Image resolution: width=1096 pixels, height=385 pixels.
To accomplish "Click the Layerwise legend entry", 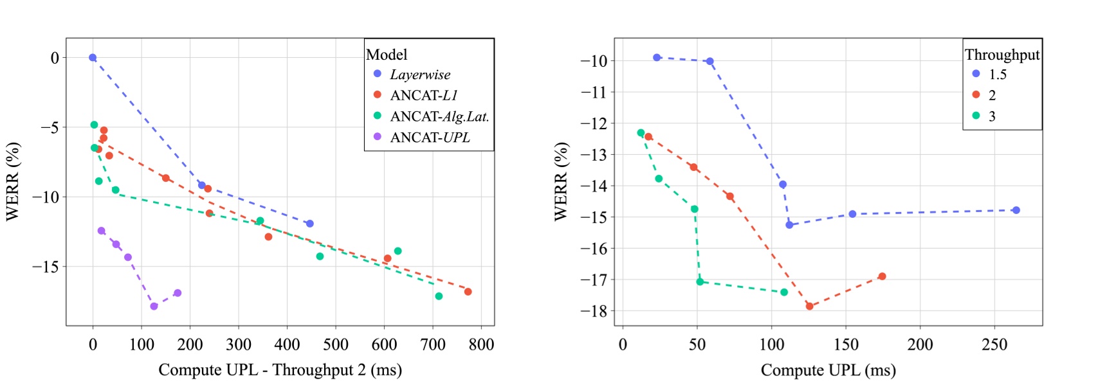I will pyautogui.click(x=419, y=75).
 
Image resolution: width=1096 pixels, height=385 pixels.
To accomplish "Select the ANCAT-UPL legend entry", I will pyautogui.click(x=429, y=138).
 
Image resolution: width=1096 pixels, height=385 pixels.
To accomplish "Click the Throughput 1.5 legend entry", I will pyautogui.click(x=997, y=75).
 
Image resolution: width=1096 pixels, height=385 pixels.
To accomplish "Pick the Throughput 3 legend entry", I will pyautogui.click(x=991, y=116).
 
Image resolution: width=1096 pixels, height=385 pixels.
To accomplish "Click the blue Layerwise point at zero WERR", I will pyautogui.click(x=93, y=58).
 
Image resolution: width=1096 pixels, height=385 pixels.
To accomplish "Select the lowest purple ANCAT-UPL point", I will pyautogui.click(x=154, y=307).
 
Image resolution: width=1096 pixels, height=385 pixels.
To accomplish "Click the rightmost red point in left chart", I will pyautogui.click(x=468, y=292).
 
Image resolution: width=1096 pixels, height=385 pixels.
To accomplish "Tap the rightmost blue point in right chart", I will pyautogui.click(x=1016, y=210).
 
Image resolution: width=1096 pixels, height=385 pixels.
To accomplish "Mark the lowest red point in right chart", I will pyautogui.click(x=810, y=307).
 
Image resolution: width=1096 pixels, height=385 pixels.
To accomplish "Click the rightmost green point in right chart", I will pyautogui.click(x=784, y=292).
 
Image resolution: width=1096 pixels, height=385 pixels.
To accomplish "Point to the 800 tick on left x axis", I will pyautogui.click(x=481, y=345).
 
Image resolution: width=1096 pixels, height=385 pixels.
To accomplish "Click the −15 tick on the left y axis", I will pyautogui.click(x=45, y=266).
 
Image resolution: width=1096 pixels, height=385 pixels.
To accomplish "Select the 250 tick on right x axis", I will pyautogui.click(x=994, y=345).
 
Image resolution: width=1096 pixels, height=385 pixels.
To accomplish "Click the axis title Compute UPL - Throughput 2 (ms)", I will pyautogui.click(x=280, y=370).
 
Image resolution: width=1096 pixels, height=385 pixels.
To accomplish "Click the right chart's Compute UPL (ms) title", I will pyautogui.click(x=828, y=370).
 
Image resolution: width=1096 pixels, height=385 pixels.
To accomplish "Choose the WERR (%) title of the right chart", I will pyautogui.click(x=561, y=182).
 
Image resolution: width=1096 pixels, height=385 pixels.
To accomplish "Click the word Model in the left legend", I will pyautogui.click(x=387, y=55).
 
